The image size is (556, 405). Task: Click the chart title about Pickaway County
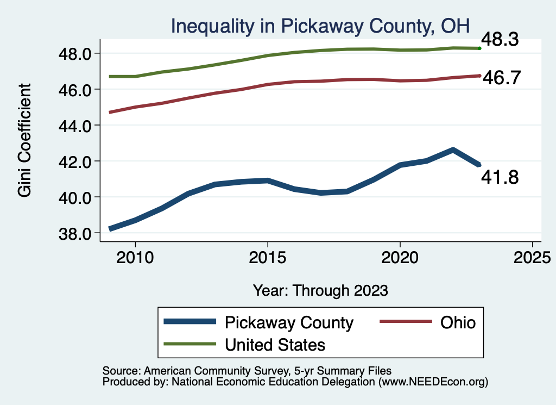pyautogui.click(x=320, y=25)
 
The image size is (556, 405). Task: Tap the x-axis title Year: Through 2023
pyautogui.click(x=320, y=290)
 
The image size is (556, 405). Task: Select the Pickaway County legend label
pyautogui.click(x=289, y=323)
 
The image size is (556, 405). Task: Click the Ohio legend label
pyautogui.click(x=451, y=323)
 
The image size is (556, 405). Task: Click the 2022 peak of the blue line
pyautogui.click(x=453, y=149)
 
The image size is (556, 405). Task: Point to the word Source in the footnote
pyautogui.click(x=121, y=371)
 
